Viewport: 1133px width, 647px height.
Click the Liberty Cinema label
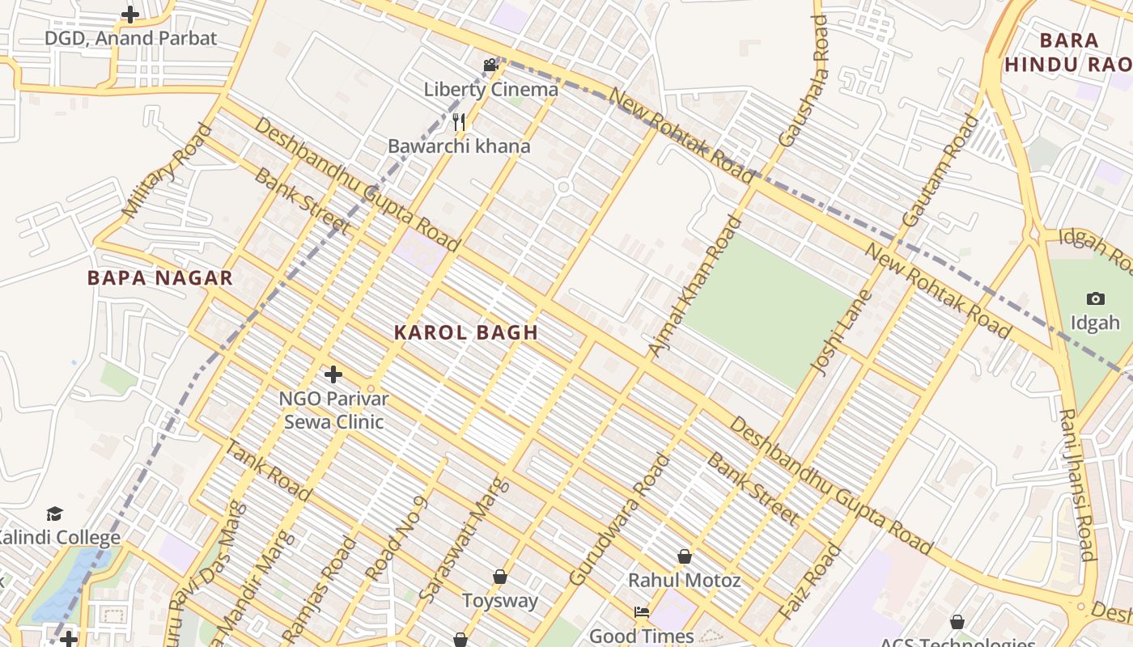click(490, 90)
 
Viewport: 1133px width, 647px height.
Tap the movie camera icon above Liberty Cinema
click(490, 65)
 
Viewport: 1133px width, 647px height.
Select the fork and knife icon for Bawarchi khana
click(459, 122)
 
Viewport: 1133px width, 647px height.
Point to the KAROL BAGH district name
click(466, 332)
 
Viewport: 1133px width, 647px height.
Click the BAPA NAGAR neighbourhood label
click(160, 278)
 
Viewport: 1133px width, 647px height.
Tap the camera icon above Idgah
click(1096, 298)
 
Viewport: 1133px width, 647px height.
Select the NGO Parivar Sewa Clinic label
click(333, 410)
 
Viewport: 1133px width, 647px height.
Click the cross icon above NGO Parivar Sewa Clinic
click(333, 374)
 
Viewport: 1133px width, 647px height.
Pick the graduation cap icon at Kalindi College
click(54, 514)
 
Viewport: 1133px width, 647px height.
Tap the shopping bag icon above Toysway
click(500, 577)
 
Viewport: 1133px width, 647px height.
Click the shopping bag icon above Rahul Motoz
click(685, 556)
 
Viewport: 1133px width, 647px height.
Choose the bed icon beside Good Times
click(642, 612)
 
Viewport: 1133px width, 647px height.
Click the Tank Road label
click(268, 471)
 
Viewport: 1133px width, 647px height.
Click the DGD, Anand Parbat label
click(130, 38)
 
